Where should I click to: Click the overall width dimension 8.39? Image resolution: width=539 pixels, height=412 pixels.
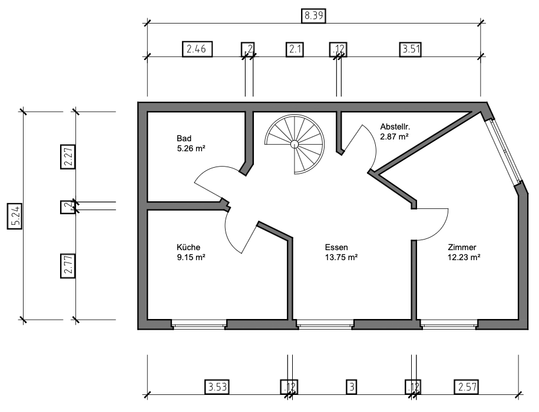(x=313, y=16)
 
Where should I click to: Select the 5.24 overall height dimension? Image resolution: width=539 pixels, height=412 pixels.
(x=15, y=216)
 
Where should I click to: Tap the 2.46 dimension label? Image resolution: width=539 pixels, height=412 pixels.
(x=197, y=49)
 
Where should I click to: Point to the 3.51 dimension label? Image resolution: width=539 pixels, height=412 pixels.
(x=411, y=49)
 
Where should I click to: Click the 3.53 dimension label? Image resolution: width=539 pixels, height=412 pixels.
(x=217, y=387)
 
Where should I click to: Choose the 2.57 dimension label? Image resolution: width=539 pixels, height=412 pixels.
(x=467, y=387)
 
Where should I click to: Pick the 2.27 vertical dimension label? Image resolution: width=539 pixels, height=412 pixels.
(x=68, y=157)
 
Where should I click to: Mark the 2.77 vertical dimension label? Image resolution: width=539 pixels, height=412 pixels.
(x=68, y=266)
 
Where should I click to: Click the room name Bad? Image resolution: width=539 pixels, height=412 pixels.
(x=184, y=138)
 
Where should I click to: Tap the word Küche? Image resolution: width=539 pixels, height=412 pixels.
(x=189, y=247)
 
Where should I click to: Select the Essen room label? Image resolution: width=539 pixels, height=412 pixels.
(x=336, y=247)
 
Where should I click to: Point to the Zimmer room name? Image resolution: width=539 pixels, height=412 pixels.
(x=462, y=247)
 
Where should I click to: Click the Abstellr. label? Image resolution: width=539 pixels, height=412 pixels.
(x=395, y=126)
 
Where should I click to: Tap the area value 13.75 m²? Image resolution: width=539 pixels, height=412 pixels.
(x=341, y=257)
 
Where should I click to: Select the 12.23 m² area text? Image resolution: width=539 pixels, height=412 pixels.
(x=464, y=257)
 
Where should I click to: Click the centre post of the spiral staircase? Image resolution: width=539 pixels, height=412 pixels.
(x=295, y=144)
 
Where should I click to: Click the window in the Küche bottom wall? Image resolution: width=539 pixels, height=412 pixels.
(x=199, y=324)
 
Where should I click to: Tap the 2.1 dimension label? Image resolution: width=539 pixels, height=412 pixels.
(x=295, y=49)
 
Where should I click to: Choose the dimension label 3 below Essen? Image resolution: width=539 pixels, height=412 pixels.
(x=352, y=387)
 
